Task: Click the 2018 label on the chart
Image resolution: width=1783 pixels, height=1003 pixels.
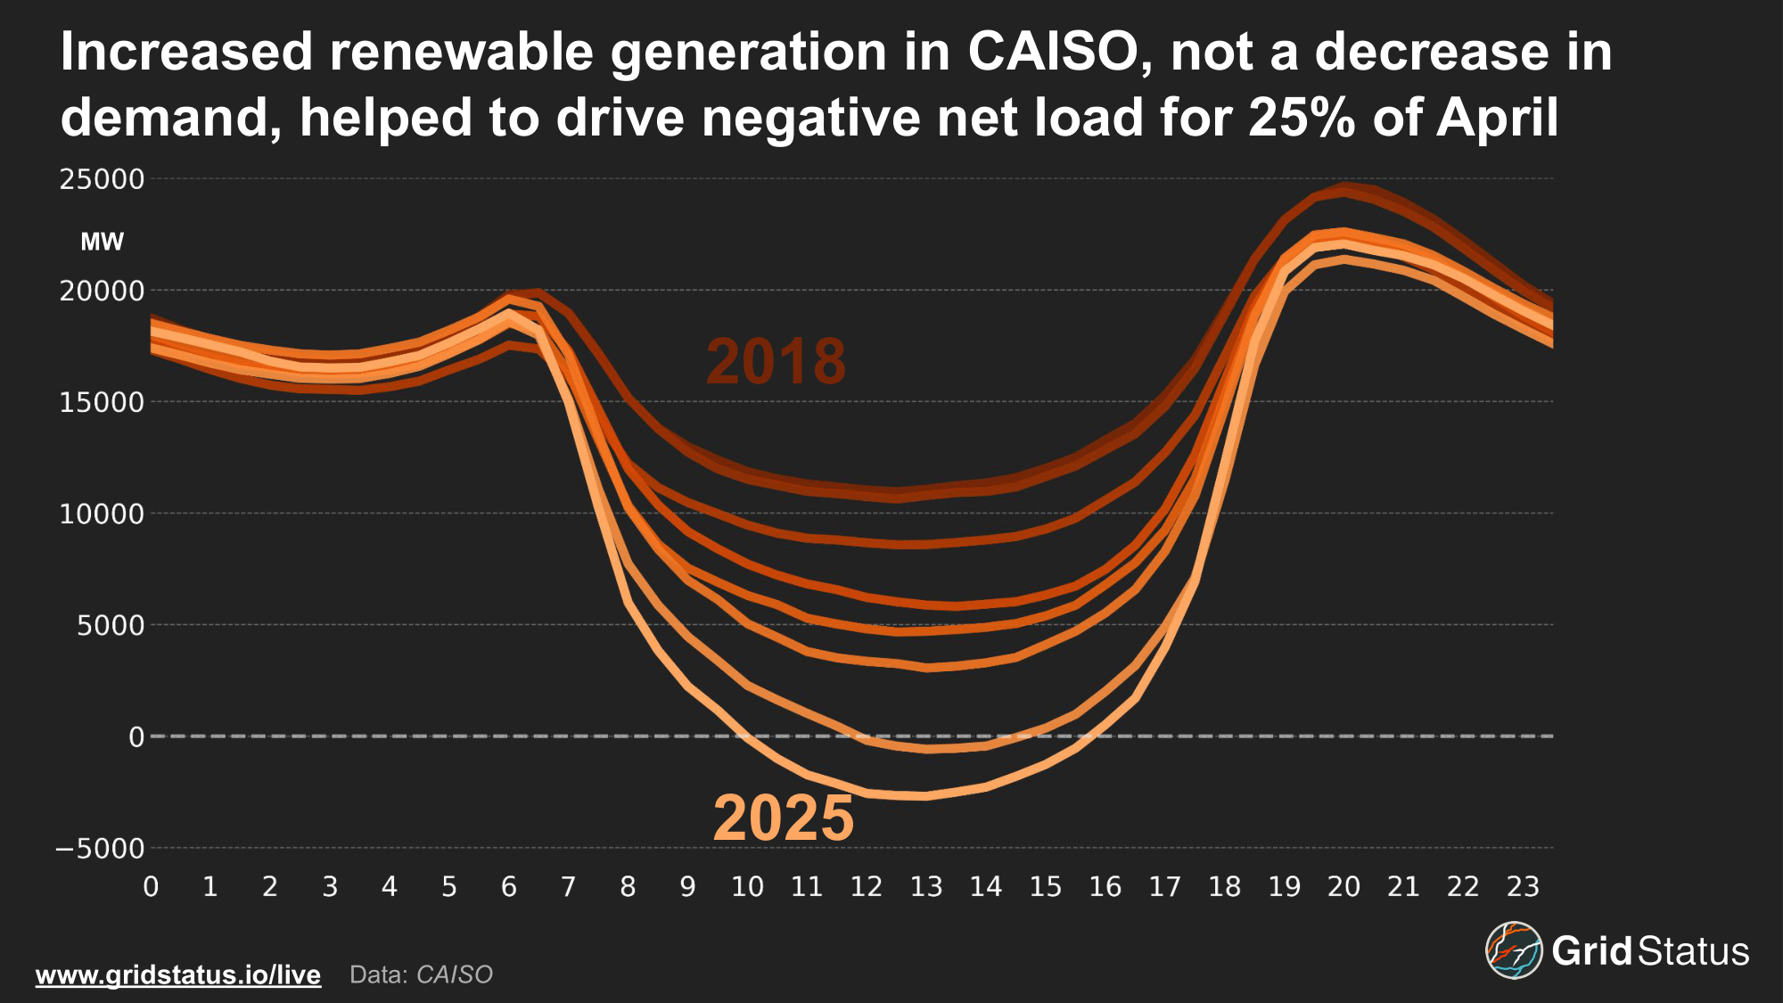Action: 776,361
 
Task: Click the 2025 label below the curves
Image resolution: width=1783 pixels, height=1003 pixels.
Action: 784,818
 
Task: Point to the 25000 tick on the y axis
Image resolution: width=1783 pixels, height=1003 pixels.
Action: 102,180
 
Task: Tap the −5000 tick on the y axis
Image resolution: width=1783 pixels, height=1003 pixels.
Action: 100,849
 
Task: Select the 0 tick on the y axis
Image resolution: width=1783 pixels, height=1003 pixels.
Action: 136,737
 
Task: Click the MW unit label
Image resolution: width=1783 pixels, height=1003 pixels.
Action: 102,242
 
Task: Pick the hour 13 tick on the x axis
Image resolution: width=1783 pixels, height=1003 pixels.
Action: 926,886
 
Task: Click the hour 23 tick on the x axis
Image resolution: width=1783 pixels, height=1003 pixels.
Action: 1523,886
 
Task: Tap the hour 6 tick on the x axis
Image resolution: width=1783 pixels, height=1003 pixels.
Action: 509,886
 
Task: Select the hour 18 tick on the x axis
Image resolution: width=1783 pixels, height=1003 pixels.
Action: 1225,886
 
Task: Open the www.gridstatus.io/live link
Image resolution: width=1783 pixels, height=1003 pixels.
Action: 178,974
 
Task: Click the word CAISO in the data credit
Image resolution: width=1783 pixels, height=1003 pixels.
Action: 455,974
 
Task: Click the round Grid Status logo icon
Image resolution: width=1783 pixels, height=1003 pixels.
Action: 1514,950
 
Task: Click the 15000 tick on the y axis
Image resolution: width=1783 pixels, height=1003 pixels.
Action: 102,403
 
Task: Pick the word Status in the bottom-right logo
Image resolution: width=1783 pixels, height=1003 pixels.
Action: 1694,951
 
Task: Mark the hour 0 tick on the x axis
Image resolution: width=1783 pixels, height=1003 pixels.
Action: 151,886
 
